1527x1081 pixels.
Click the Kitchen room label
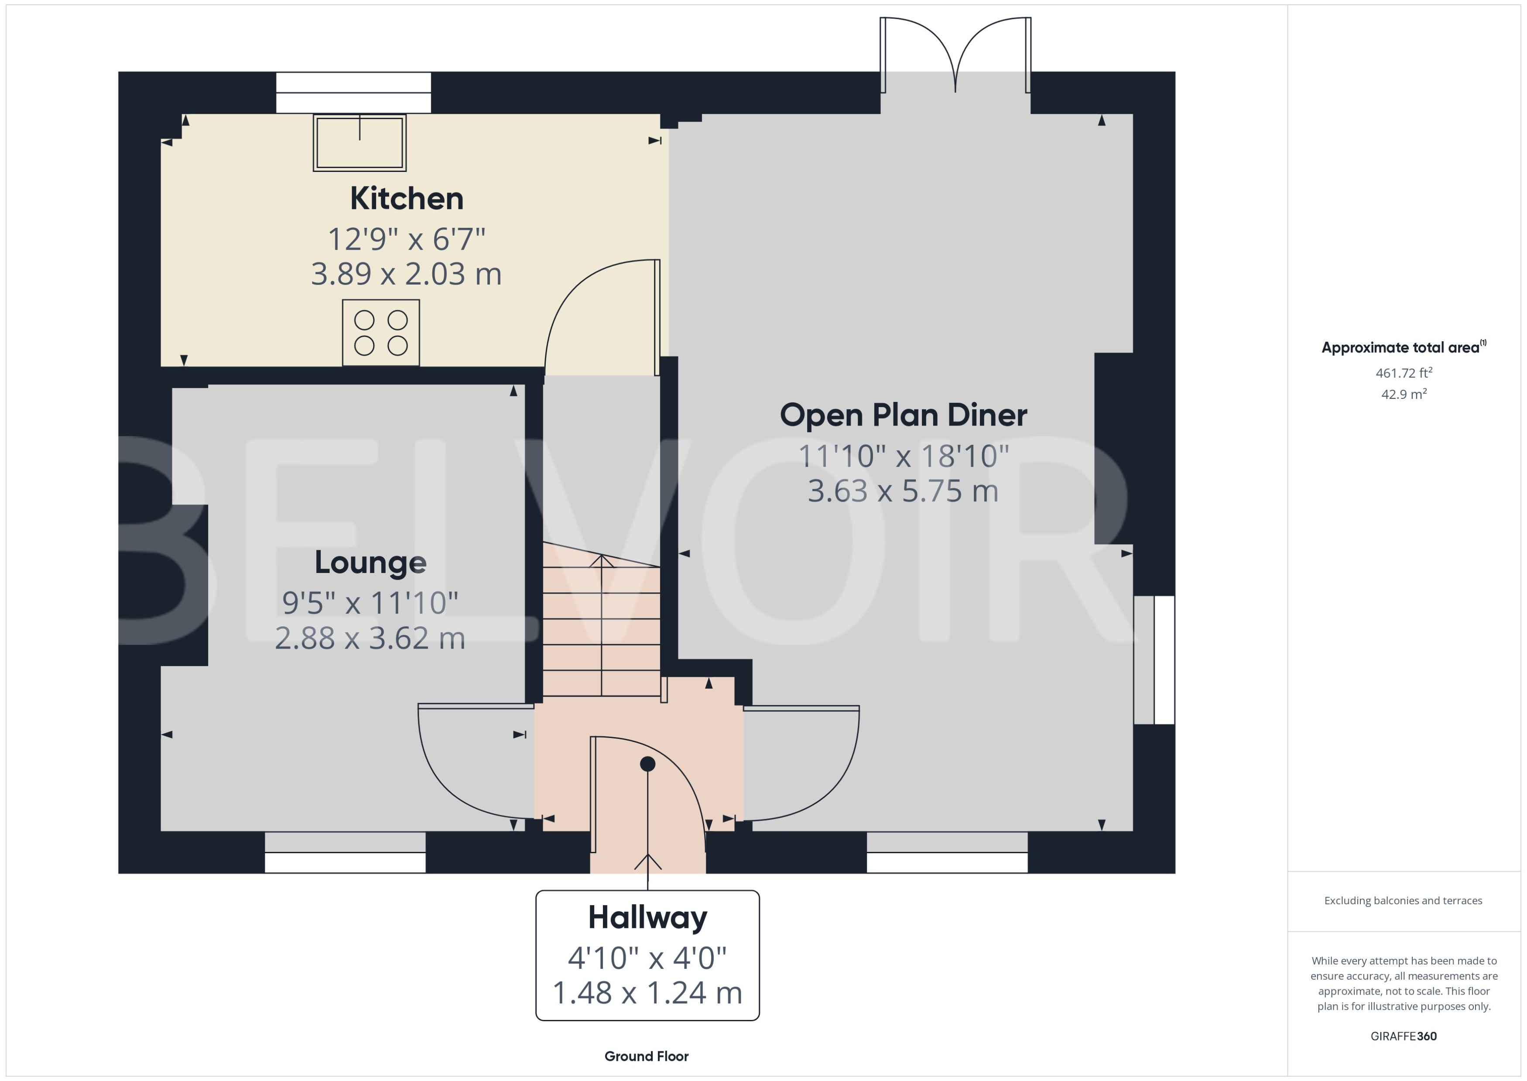pos(407,199)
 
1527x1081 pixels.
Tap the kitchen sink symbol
pos(359,142)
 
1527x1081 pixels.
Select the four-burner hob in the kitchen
pos(380,332)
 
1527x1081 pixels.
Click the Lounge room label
pos(370,563)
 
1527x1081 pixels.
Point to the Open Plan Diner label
pos(903,415)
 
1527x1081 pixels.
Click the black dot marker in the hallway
pos(647,764)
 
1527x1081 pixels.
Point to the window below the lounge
pos(345,853)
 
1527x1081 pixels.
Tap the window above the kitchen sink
pos(353,93)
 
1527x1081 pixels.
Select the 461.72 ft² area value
pos(1404,373)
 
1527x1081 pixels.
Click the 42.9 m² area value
pos(1404,394)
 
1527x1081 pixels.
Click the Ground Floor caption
pos(646,1056)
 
